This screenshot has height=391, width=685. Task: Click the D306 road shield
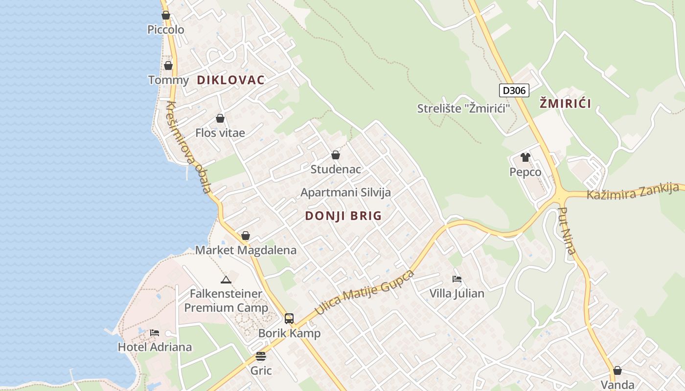(x=514, y=90)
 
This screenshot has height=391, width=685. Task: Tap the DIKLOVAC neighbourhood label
(x=230, y=80)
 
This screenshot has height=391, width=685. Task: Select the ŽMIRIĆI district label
(x=565, y=104)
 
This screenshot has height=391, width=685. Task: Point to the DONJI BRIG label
(x=343, y=216)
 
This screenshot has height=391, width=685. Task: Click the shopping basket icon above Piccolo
(x=166, y=15)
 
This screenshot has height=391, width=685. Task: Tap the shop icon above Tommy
(x=168, y=65)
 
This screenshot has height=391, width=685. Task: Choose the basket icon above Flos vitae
(x=220, y=118)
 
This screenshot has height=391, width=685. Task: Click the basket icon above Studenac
(x=336, y=155)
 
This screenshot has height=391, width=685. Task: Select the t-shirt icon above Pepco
(x=525, y=157)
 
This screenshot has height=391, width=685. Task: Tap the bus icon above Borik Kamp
(x=289, y=319)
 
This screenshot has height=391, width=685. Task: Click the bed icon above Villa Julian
(x=457, y=279)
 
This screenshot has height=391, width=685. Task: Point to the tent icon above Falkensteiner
(x=226, y=280)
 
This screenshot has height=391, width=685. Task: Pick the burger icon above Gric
(x=261, y=356)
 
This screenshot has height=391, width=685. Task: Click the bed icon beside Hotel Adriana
(x=155, y=333)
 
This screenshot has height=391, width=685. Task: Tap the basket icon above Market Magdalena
(x=246, y=236)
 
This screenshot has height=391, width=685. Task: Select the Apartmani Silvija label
(x=345, y=193)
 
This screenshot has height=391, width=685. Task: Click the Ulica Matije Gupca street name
(x=365, y=292)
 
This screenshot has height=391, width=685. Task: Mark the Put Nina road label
(x=567, y=230)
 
